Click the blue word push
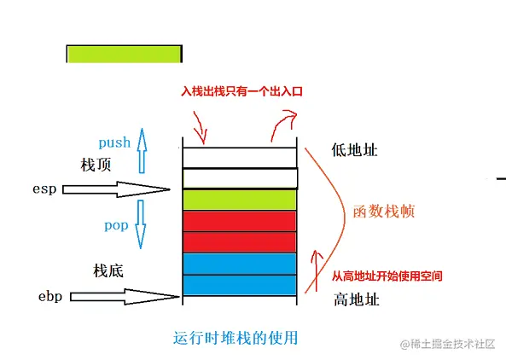[114, 143]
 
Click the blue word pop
[116, 225]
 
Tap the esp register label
[44, 189]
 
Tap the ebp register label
[50, 297]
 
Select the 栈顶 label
[96, 165]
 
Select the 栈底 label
[108, 270]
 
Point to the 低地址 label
[354, 150]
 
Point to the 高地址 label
[357, 299]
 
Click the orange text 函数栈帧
[384, 212]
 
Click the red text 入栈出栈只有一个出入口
[241, 91]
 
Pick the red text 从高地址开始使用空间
[387, 276]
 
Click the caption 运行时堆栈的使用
[236, 338]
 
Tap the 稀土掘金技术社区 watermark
[448, 344]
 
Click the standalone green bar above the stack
[125, 54]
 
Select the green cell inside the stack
[240, 200]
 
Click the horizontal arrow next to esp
[116, 189]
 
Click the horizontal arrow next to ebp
[125, 297]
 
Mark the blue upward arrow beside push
[142, 151]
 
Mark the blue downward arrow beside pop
[141, 224]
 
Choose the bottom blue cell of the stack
[240, 285]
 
